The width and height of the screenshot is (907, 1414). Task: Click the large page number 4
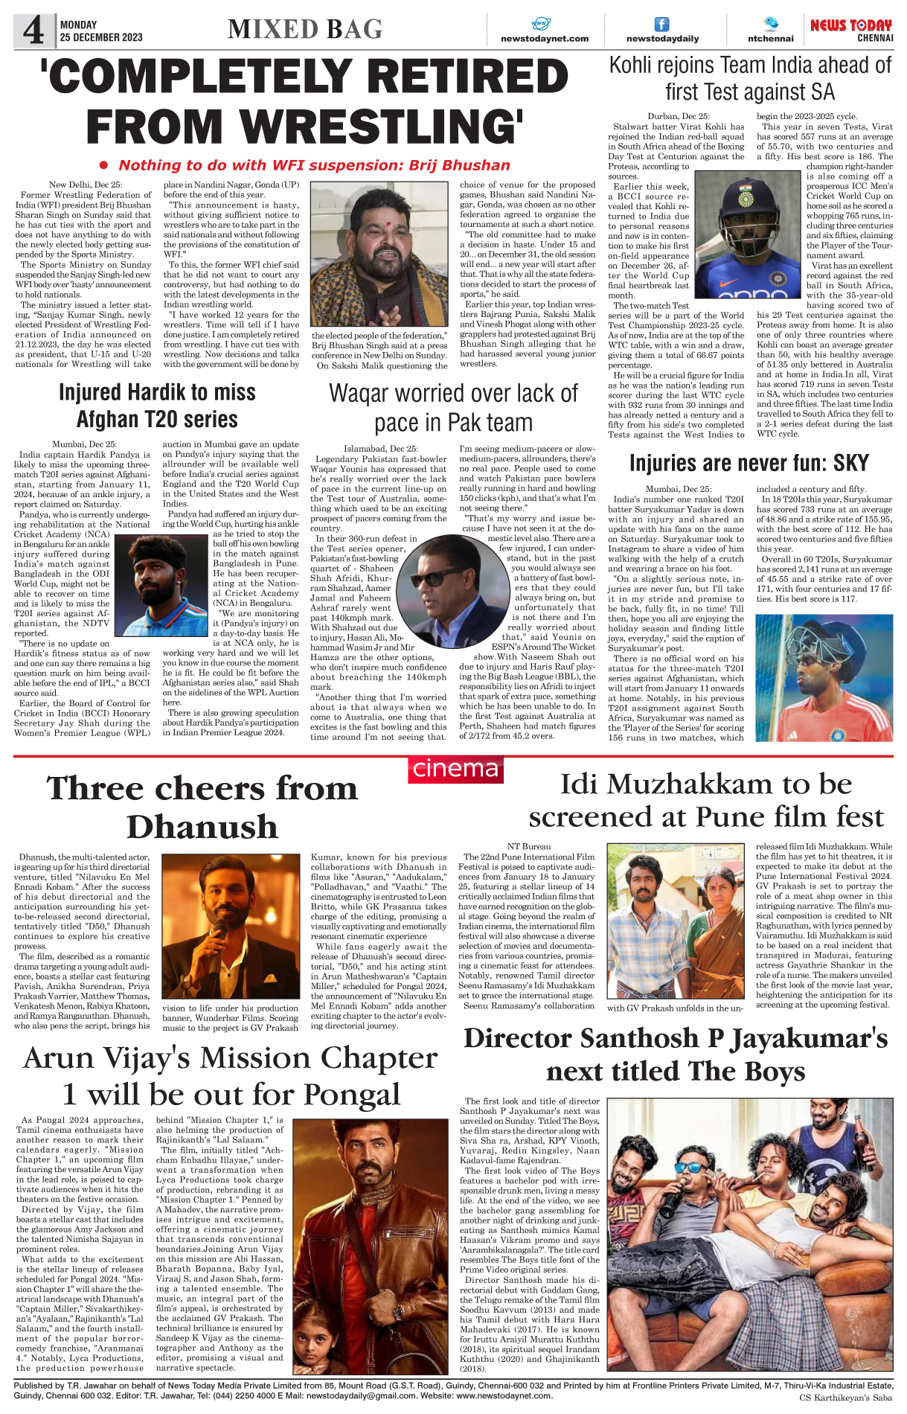coord(33,31)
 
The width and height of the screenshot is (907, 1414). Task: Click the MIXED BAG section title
coord(305,30)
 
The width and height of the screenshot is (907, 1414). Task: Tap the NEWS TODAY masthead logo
coord(850,26)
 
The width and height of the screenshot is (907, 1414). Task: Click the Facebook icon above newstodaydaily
coord(661,25)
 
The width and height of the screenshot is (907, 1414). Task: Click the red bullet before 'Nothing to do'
coord(104,165)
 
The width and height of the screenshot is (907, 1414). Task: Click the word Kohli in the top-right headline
coord(639,66)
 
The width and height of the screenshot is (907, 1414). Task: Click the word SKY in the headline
coord(850,463)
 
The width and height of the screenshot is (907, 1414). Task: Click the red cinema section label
coord(455,769)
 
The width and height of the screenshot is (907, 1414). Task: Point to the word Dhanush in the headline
coord(202,827)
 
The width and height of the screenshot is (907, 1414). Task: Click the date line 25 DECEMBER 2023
coord(101,37)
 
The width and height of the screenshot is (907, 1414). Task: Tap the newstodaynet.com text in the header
coord(544,39)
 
